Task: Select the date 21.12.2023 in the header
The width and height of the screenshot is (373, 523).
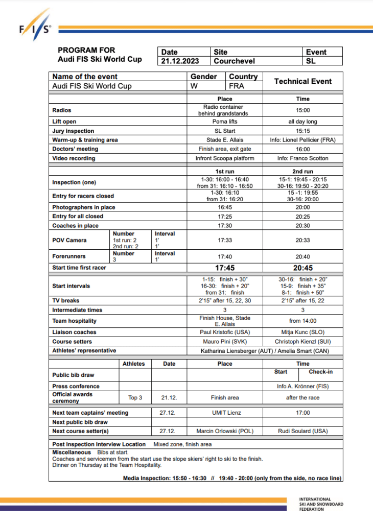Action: (179, 61)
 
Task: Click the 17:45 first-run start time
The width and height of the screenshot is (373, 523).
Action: (224, 268)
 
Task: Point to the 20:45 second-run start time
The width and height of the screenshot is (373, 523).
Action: (302, 268)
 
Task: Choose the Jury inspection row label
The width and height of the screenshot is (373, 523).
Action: (73, 131)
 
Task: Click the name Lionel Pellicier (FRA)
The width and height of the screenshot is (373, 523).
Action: (302, 140)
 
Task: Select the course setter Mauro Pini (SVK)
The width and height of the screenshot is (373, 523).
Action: (224, 342)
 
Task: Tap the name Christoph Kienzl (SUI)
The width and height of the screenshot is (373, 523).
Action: (302, 342)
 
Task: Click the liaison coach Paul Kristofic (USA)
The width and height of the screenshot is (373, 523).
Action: (224, 332)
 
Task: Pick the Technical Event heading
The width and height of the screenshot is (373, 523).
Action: (302, 81)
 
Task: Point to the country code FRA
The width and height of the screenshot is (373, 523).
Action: (237, 86)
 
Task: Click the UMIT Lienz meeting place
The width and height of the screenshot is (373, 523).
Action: (224, 413)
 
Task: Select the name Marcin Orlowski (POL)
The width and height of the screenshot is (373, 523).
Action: (224, 431)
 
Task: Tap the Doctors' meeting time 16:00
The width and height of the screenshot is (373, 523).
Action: (302, 149)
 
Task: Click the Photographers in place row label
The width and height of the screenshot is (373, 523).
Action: (84, 207)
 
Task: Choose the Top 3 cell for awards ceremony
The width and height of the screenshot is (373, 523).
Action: (135, 397)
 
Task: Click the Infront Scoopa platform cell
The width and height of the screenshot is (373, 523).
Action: (224, 158)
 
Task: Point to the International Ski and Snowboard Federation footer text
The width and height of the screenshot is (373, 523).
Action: (321, 504)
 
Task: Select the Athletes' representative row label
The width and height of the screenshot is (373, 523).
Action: (84, 351)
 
